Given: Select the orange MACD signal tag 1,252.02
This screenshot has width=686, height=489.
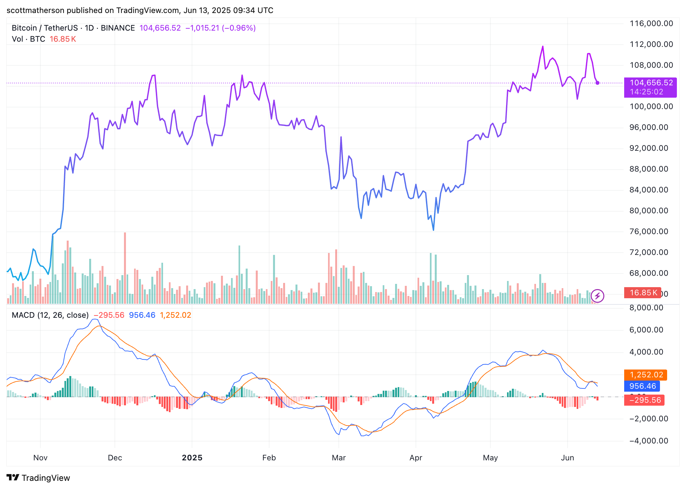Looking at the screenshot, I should (x=646, y=375).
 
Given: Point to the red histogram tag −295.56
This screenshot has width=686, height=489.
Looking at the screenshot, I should (x=644, y=400).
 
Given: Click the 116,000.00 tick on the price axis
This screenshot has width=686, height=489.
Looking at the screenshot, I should (x=651, y=23).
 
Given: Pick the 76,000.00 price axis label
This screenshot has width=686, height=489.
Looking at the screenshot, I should (x=649, y=231).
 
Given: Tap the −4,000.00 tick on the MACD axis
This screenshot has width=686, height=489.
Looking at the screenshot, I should (x=649, y=441).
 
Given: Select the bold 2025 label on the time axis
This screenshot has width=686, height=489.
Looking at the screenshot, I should (x=192, y=458).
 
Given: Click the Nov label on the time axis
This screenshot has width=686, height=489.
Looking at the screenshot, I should (x=40, y=458).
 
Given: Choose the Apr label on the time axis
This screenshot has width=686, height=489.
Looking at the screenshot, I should (x=416, y=458).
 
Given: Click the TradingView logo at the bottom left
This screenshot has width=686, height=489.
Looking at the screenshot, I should (x=38, y=478).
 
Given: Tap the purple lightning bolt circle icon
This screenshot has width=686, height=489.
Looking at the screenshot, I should (x=597, y=296).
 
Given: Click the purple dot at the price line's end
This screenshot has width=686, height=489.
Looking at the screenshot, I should (x=597, y=83).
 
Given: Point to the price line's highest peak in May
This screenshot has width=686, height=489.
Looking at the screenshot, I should (x=543, y=47).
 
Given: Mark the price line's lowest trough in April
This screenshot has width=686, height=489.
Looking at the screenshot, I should (x=433, y=230).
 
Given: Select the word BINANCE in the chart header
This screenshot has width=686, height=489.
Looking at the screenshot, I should (x=118, y=28).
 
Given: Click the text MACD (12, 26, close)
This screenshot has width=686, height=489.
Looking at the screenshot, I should (x=50, y=315).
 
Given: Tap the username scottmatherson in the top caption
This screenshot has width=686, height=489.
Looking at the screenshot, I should (x=35, y=10).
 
